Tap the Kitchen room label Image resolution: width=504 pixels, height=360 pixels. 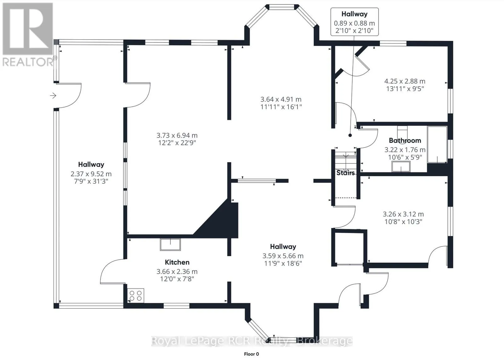(x=177, y=262)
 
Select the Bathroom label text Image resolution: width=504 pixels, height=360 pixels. (x=405, y=140)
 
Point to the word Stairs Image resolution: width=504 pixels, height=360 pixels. (x=345, y=173)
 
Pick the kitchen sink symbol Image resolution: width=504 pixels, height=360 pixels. (x=170, y=245)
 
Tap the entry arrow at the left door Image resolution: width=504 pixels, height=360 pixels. (x=53, y=96)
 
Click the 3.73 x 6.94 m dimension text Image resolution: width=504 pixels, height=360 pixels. (x=177, y=135)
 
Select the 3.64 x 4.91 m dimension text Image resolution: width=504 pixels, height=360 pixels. (x=281, y=99)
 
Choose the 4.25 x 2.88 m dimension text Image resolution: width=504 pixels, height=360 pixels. (x=405, y=81)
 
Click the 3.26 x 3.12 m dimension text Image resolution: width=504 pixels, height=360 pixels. (x=404, y=214)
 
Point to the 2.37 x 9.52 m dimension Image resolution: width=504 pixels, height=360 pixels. (x=91, y=174)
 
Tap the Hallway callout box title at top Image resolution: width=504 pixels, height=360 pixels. (x=354, y=14)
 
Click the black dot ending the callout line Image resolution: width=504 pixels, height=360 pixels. (x=350, y=135)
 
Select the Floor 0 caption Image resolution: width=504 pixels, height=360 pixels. (x=252, y=354)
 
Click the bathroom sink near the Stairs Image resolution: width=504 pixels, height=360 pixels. (x=401, y=167)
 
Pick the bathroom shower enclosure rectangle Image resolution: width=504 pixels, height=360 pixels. (x=437, y=145)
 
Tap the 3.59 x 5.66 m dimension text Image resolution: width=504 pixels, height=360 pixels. (x=283, y=256)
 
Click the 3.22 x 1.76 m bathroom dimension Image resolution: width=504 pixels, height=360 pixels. (x=405, y=150)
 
